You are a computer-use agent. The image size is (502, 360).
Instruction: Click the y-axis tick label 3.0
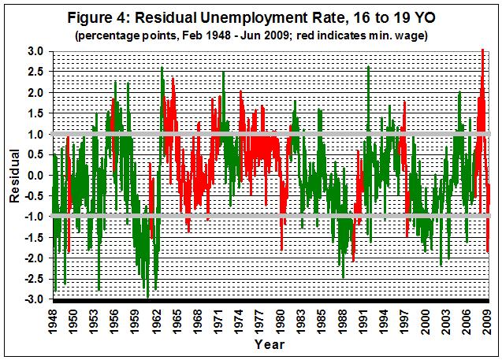pyautogui.click(x=36, y=50)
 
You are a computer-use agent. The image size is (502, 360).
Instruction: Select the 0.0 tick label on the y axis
pyautogui.click(x=36, y=175)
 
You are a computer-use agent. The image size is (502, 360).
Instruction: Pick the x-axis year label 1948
pyautogui.click(x=53, y=320)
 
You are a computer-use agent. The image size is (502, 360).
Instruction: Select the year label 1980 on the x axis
pyautogui.click(x=281, y=320)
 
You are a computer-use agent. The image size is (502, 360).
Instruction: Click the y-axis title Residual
pyautogui.click(x=14, y=176)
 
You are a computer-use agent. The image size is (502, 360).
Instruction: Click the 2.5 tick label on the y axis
pyautogui.click(x=36, y=71)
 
